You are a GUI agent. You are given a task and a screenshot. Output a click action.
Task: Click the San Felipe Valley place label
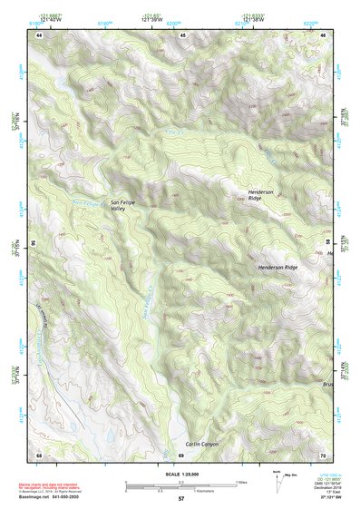pos(123,205)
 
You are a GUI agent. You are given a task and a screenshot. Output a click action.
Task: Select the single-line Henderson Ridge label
pos(277,268)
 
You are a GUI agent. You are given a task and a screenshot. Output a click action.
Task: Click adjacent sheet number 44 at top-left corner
pos(39,34)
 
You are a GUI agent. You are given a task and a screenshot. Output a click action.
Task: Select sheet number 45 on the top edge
pos(182,34)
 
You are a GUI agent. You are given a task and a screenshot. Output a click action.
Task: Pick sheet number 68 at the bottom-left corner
pos(39,454)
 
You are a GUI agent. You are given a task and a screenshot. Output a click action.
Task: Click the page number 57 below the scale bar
pos(181,499)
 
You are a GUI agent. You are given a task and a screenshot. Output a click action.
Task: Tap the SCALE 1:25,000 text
pos(181,475)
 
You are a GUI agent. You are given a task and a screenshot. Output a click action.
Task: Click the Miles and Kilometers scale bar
pos(182,485)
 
